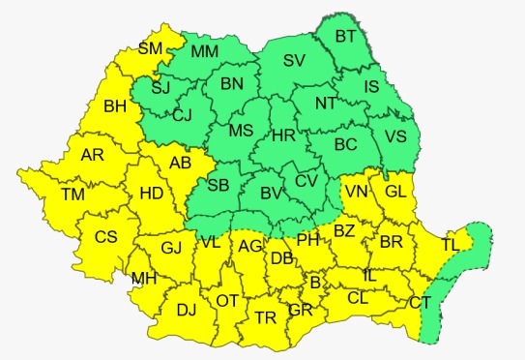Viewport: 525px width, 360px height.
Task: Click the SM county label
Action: [150, 47]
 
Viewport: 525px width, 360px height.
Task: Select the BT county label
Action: [345, 37]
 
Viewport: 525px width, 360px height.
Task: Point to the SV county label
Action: [295, 61]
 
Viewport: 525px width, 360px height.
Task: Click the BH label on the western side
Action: [116, 105]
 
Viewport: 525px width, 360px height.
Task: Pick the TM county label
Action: [73, 195]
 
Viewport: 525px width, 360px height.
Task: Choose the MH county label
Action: [144, 280]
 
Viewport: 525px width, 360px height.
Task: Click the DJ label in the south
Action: [188, 311]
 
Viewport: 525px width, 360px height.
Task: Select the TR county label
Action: [265, 317]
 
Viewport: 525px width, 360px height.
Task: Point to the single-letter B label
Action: [314, 283]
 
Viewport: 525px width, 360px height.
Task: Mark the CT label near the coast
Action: [420, 303]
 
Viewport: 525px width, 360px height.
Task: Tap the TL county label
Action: [452, 245]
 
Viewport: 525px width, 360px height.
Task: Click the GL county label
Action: [395, 191]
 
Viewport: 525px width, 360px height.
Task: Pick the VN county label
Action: [356, 191]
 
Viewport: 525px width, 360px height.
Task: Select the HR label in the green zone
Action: [283, 136]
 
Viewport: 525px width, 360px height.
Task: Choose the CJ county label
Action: [183, 116]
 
